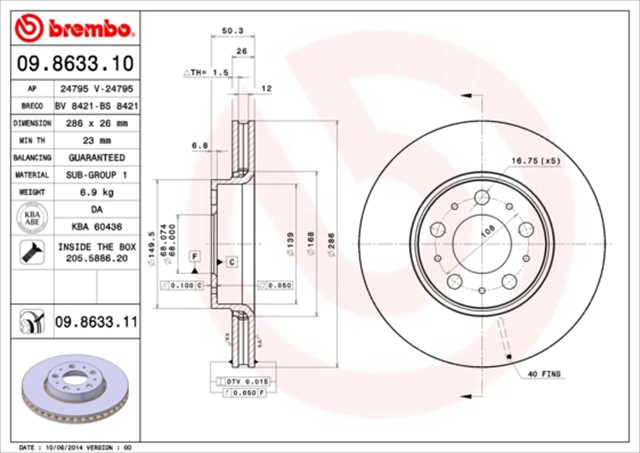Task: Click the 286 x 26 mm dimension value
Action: (97, 123)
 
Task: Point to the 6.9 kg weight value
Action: (97, 190)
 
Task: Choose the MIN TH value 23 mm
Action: (97, 140)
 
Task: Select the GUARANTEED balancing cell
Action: (97, 158)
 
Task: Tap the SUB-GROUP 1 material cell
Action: (97, 174)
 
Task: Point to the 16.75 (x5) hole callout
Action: (535, 160)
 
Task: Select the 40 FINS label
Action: (545, 374)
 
